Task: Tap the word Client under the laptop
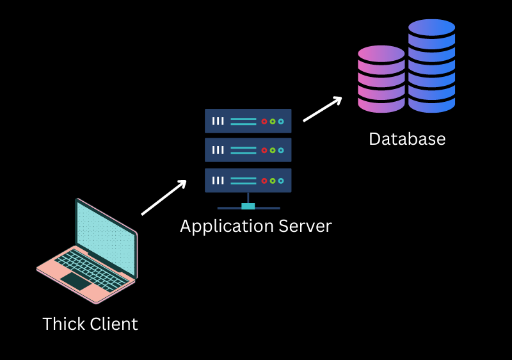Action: (114, 324)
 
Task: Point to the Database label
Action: (407, 139)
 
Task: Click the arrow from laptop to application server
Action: (164, 197)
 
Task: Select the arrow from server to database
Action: (323, 109)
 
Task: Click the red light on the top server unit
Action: (264, 121)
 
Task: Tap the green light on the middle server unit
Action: (272, 151)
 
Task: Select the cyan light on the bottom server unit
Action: (280, 181)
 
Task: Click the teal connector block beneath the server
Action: (248, 206)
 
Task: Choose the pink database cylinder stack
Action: (381, 79)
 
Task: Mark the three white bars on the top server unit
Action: (218, 121)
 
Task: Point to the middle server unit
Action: (248, 150)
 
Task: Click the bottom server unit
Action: (248, 180)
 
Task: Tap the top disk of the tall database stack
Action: (431, 27)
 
